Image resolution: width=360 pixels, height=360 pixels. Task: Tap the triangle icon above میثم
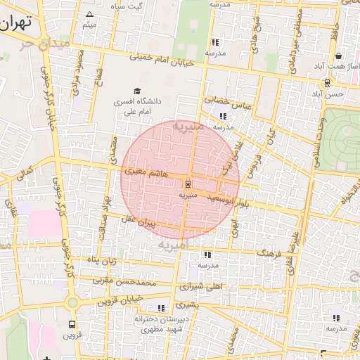[x=89, y=14]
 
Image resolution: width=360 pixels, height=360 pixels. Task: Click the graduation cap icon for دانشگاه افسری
[x=137, y=91]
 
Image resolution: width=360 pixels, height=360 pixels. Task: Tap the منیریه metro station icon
[x=187, y=183]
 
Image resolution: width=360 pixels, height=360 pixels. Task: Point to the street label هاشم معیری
[x=144, y=171]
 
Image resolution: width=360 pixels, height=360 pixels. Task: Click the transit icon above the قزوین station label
[x=72, y=325]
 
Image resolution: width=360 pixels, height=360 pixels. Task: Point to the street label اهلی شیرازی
[x=200, y=287]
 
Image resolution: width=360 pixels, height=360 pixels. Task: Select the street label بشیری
[x=188, y=305]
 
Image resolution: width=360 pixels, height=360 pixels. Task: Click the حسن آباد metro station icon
[x=327, y=82]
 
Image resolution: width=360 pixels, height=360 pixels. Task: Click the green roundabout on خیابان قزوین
[x=72, y=303]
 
